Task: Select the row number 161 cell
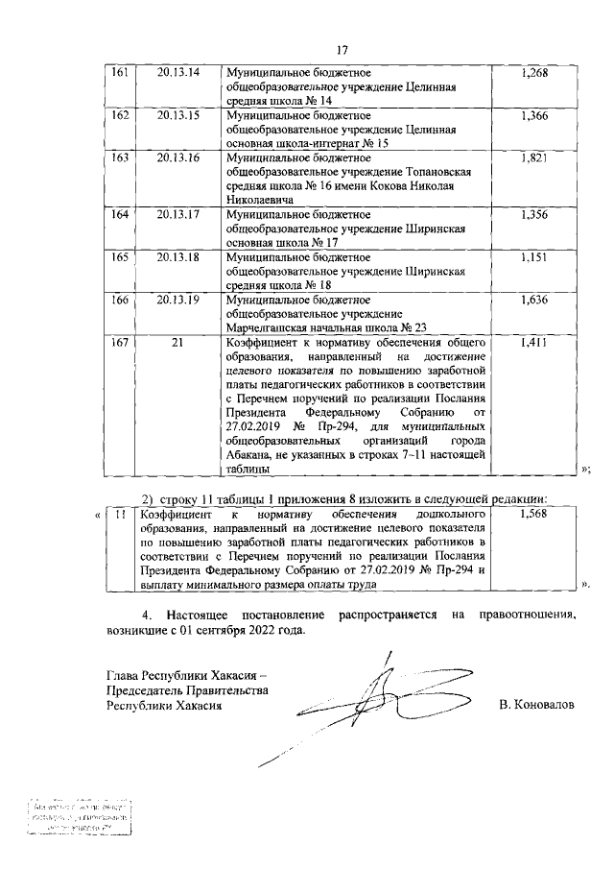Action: pyautogui.click(x=120, y=74)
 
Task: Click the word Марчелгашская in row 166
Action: pyautogui.click(x=272, y=327)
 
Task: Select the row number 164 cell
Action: pyautogui.click(x=120, y=214)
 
